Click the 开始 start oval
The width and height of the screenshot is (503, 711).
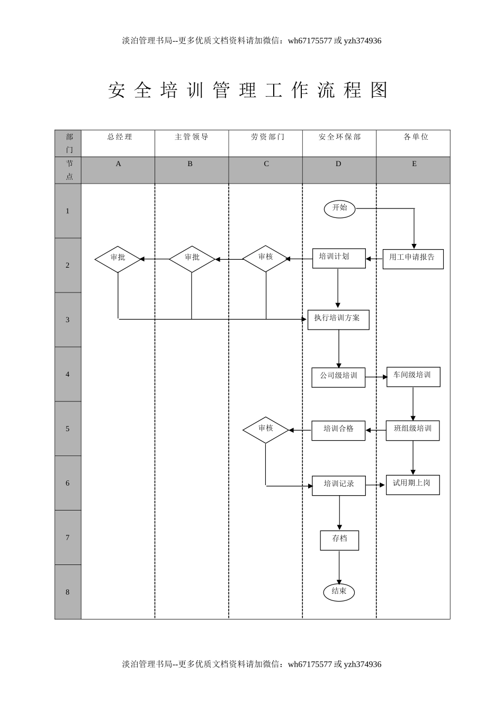pos(339,208)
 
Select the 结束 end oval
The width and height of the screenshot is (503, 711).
pos(339,591)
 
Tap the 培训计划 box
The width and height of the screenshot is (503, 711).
pos(339,258)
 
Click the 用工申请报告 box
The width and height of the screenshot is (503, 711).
pos(413,259)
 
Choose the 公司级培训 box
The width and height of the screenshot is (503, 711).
pos(338,377)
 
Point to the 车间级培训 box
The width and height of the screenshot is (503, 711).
pos(413,377)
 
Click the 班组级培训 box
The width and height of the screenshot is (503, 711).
pos(413,430)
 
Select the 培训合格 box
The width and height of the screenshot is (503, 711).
pos(338,430)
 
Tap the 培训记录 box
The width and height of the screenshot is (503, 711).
pos(339,485)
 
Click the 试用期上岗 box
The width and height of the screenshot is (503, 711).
pos(412,485)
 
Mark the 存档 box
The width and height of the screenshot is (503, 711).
pos(339,540)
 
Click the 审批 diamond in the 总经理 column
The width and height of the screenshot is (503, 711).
pos(118,259)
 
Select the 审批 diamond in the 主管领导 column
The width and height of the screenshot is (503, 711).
pos(192,259)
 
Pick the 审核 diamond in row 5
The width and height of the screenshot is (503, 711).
pos(266,430)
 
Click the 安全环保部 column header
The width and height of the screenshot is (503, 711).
pos(339,137)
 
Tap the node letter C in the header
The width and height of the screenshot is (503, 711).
pos(266,164)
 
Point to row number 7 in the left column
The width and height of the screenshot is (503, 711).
pos(68,538)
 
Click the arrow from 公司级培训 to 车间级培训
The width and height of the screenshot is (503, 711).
pos(376,377)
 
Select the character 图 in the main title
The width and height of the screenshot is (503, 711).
pos(380,90)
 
